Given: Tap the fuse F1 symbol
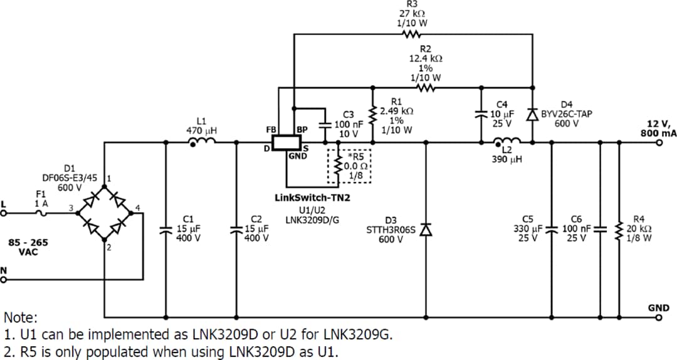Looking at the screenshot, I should [x=41, y=213].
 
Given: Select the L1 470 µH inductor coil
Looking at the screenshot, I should [x=202, y=142].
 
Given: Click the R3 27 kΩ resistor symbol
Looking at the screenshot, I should [x=412, y=34].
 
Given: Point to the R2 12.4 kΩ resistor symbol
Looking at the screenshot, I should [x=426, y=87].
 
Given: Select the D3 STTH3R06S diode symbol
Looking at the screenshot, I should [x=426, y=230].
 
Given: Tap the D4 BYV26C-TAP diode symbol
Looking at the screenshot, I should [x=532, y=115].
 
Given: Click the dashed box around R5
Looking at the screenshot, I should [x=350, y=166].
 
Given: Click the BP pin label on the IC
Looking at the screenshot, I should [x=302, y=129].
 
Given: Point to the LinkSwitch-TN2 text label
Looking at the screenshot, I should [x=312, y=198].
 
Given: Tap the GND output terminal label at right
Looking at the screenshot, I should [x=658, y=308].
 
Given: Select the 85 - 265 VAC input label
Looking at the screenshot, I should [x=28, y=246].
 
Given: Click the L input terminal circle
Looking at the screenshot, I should [x=4, y=213].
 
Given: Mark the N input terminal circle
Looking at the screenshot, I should [x=4, y=280].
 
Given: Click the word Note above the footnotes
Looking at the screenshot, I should [x=20, y=317].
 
